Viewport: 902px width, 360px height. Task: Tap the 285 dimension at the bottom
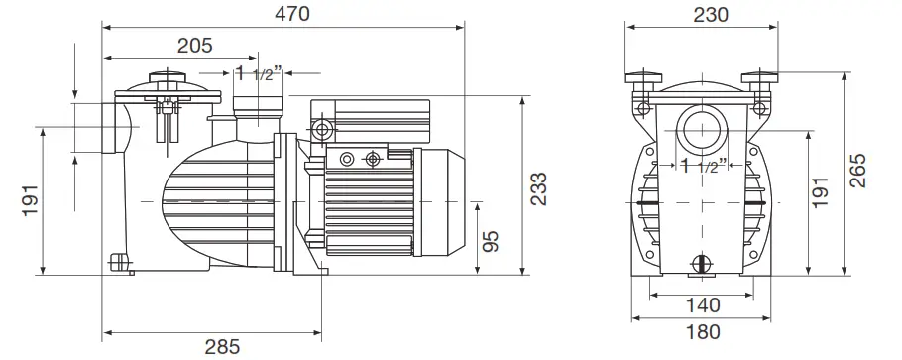222,347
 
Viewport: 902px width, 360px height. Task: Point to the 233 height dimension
538,185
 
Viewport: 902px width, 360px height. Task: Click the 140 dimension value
703,304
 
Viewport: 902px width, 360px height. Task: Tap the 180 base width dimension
703,332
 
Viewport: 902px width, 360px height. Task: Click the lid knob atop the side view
165,76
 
